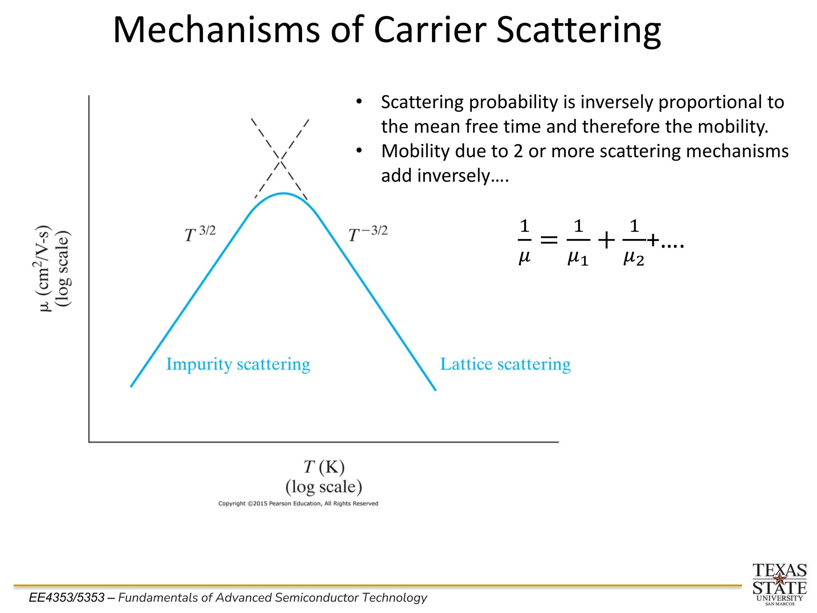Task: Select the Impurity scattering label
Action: [x=238, y=364]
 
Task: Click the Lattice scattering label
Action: [x=505, y=364]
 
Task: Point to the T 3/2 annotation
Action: [x=200, y=233]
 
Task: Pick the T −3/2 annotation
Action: [x=368, y=233]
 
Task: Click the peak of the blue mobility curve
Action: [x=283, y=194]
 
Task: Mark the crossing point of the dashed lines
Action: [x=281, y=160]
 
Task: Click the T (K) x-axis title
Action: [x=324, y=467]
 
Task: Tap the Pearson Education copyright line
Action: [x=298, y=504]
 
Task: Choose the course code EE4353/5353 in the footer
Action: [x=67, y=597]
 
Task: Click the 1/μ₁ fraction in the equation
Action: [x=578, y=241]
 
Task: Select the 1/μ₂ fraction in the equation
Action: [x=633, y=241]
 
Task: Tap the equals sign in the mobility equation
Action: [x=549, y=240]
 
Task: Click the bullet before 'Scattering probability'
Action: [x=359, y=102]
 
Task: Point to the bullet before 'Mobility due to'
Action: [x=359, y=151]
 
